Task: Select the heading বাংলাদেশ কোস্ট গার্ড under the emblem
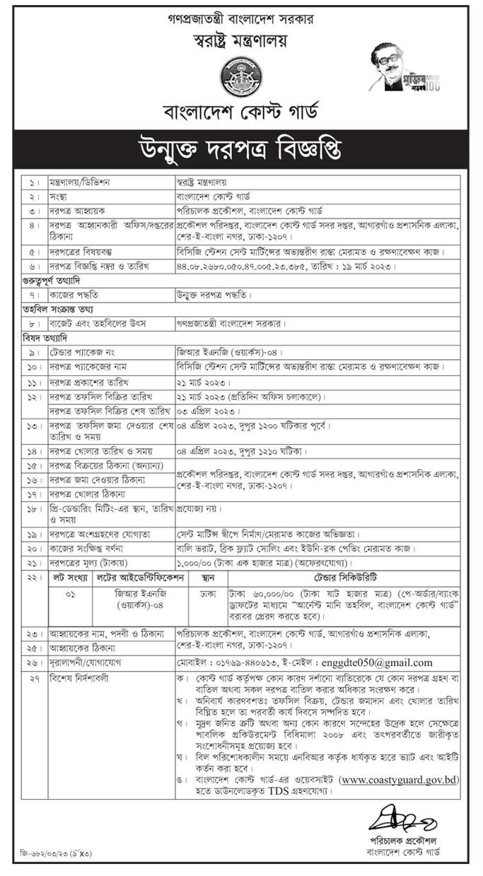pyautogui.click(x=241, y=111)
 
